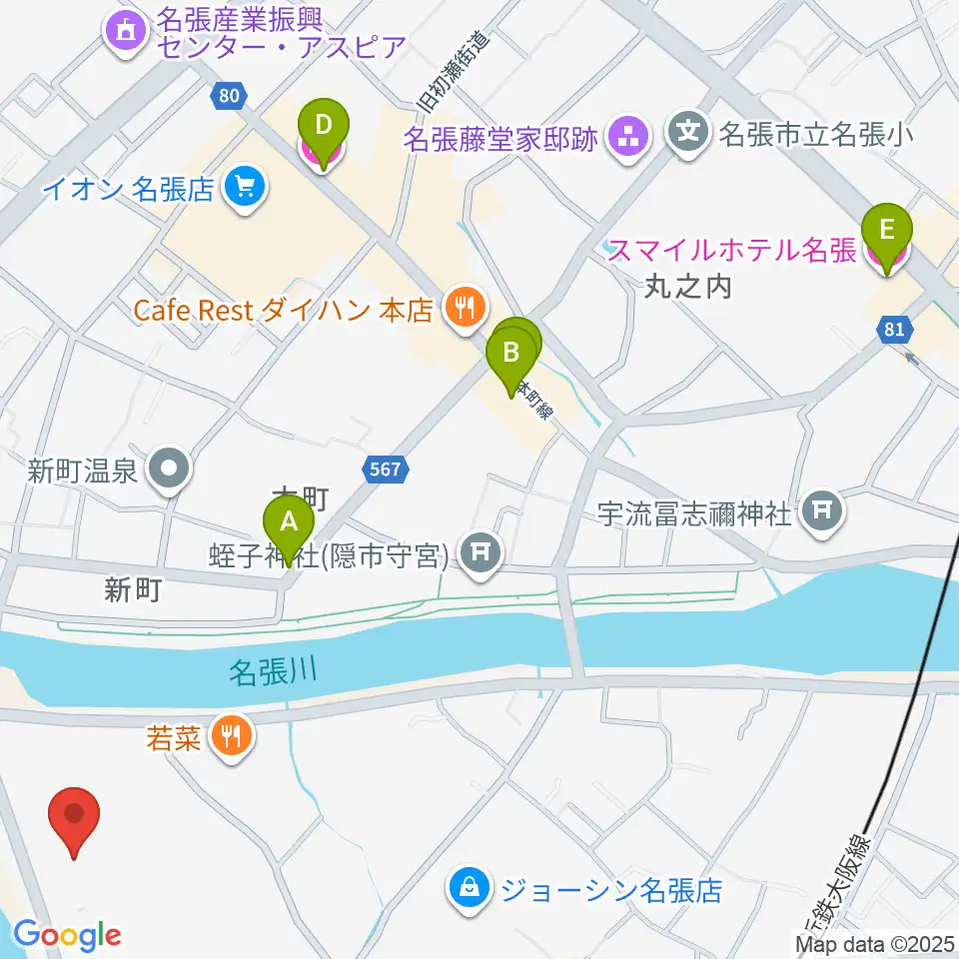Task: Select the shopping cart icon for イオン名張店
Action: tap(243, 187)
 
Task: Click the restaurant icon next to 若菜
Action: tap(232, 738)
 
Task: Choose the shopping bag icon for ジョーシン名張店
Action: tap(469, 887)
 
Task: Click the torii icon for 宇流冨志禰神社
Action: tap(822, 513)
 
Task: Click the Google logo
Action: tap(67, 935)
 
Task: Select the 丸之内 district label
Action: tap(688, 288)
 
